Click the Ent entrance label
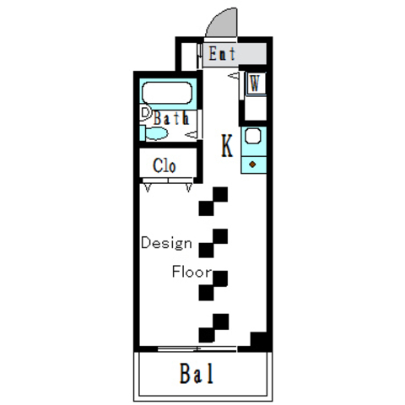pyautogui.click(x=222, y=53)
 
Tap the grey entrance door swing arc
pyautogui.click(x=222, y=23)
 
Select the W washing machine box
pyautogui.click(x=256, y=83)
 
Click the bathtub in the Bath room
pyautogui.click(x=167, y=93)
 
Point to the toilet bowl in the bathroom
pyautogui.click(x=156, y=133)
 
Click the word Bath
pyautogui.click(x=171, y=118)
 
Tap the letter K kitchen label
pyautogui.click(x=227, y=146)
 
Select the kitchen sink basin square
pyautogui.click(x=253, y=137)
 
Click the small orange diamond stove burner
pyautogui.click(x=252, y=165)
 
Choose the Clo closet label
pyautogui.click(x=165, y=165)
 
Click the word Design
pyautogui.click(x=166, y=243)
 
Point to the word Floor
pyautogui.click(x=192, y=272)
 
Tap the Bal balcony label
pyautogui.click(x=197, y=374)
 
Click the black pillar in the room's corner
pyautogui.click(x=258, y=339)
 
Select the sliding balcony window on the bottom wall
pyautogui.click(x=197, y=349)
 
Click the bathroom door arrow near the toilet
pyautogui.click(x=192, y=135)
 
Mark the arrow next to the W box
pyautogui.click(x=233, y=75)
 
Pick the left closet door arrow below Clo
pyautogui.click(x=148, y=187)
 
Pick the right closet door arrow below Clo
pyautogui.click(x=189, y=187)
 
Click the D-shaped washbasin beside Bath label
pyautogui.click(x=145, y=113)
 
